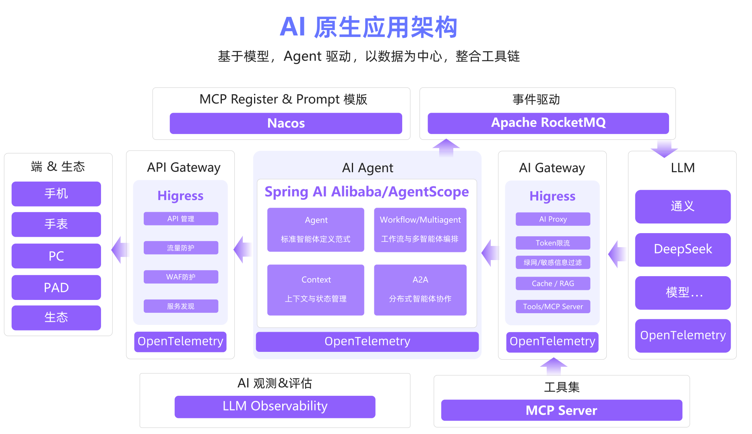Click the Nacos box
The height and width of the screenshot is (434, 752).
(x=286, y=123)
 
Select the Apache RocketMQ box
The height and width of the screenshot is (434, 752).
(x=548, y=123)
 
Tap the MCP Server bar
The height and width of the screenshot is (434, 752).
(x=562, y=410)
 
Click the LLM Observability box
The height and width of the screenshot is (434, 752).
(x=275, y=407)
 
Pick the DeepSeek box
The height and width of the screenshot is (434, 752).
(x=683, y=249)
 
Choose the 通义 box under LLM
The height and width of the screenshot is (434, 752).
(x=683, y=206)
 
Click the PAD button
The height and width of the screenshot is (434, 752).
(x=56, y=287)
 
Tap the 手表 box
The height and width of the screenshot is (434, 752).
(x=56, y=224)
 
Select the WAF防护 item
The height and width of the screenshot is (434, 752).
(x=181, y=277)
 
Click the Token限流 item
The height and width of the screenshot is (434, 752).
(x=553, y=243)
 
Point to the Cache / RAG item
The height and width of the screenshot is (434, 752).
(x=553, y=283)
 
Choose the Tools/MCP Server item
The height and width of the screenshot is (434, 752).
(x=553, y=307)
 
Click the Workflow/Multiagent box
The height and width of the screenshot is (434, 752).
(x=420, y=229)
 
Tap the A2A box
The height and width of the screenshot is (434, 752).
(x=420, y=289)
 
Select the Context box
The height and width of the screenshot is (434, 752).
(x=316, y=289)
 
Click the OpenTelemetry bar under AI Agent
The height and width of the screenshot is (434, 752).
(x=367, y=341)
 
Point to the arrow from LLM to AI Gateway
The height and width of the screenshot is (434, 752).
(x=617, y=254)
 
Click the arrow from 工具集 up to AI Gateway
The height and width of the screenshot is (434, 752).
(x=554, y=366)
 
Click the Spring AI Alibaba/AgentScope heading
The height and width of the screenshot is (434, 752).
(x=367, y=192)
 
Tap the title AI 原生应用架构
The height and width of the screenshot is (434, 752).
(x=368, y=27)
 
